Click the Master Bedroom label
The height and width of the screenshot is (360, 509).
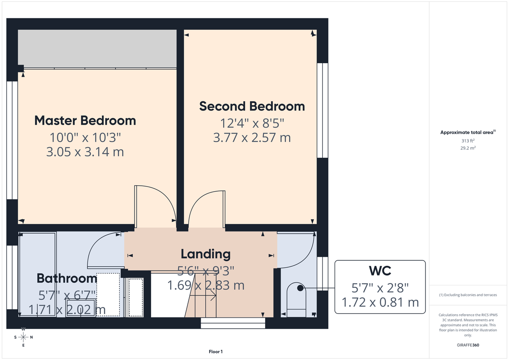pos(85,120)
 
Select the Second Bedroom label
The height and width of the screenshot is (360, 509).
pos(252,106)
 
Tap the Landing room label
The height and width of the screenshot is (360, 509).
pos(205,254)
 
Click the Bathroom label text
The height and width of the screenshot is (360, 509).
pos(67,279)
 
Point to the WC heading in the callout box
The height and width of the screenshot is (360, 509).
pos(380,271)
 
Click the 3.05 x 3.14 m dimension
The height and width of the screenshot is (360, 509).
pos(85,152)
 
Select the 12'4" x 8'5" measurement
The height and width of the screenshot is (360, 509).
pos(252,123)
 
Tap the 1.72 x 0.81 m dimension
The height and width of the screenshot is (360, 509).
pos(380,302)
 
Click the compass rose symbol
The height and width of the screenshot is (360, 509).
pos(23,337)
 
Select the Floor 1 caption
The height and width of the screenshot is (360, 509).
pos(215,352)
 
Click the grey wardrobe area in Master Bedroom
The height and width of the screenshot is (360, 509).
pos(97,49)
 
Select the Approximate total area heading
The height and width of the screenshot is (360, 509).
pos(467,133)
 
